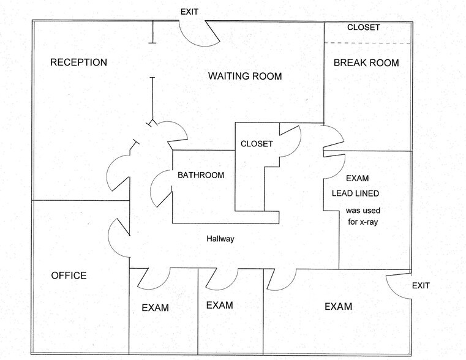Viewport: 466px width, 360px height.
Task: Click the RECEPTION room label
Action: click(78, 62)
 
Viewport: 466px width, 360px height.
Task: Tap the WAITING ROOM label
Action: click(245, 76)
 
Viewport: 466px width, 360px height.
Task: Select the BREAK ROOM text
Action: click(366, 62)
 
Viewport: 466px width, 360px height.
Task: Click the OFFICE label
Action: click(69, 276)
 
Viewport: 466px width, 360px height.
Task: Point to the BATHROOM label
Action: click(201, 175)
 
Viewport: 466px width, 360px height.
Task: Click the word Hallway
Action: click(220, 239)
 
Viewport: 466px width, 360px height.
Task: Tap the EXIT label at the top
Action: click(189, 12)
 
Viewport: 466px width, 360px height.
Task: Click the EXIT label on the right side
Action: click(421, 285)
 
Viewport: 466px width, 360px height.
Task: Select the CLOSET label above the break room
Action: click(364, 28)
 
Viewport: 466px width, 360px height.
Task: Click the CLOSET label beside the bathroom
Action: click(257, 144)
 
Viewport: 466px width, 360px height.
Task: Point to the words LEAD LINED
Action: click(355, 193)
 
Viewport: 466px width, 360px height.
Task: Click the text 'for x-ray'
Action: click(363, 222)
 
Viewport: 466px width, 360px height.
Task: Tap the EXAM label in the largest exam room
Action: click(338, 306)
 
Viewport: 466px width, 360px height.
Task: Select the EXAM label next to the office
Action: click(155, 307)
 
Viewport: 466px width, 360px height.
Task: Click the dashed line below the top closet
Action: click(367, 43)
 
